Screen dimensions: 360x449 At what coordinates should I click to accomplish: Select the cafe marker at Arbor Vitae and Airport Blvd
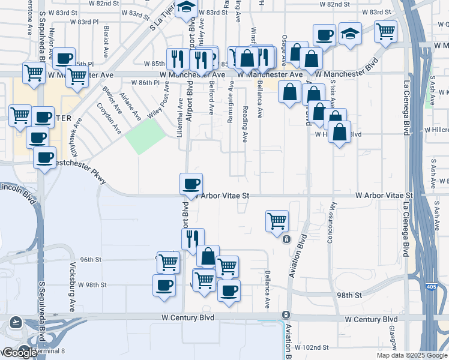coord(191,183)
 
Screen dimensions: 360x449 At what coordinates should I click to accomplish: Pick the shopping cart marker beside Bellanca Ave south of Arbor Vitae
coord(277,220)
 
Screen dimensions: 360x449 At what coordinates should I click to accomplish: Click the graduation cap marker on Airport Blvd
coord(187,8)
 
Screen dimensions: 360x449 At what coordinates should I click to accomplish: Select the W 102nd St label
coord(312,347)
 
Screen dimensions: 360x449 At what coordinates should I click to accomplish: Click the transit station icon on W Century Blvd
coord(286,315)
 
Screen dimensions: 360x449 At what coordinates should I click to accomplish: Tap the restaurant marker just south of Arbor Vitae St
coord(193,238)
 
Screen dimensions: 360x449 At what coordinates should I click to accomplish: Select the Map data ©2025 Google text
coord(411,355)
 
